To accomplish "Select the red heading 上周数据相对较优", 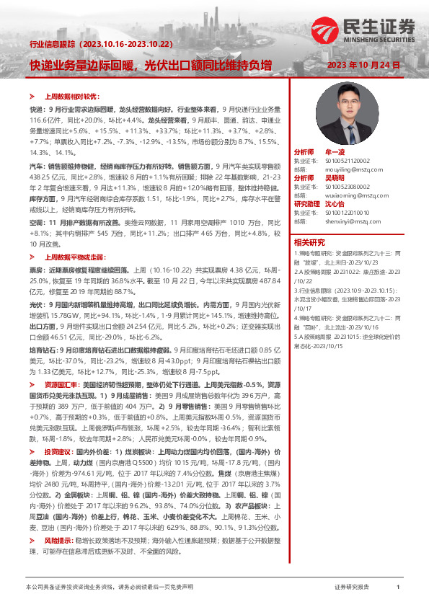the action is pos(71,95).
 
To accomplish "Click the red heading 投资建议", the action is pos(58,470).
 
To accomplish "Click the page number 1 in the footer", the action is pos(398,588).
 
